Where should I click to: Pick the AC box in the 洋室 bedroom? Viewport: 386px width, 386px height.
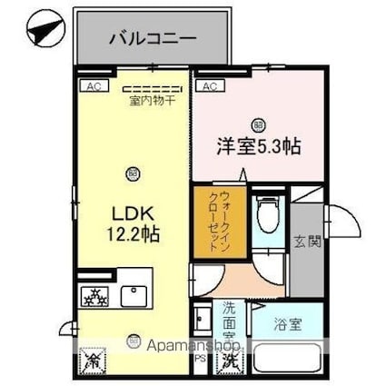click(208, 86)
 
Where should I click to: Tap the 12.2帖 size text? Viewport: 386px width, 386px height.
click(134, 234)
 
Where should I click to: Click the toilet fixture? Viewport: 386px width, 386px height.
click(267, 215)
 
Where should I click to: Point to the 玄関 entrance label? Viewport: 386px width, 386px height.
click(309, 242)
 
